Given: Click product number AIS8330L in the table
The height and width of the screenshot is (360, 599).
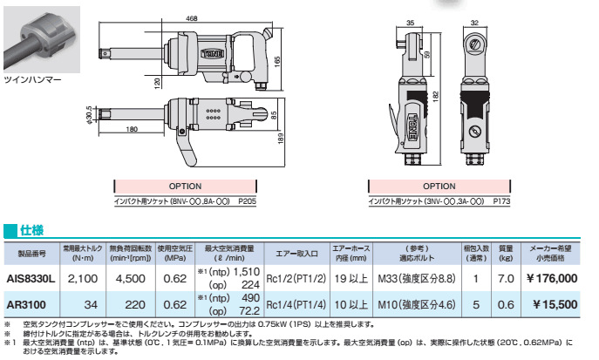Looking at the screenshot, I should tap(31, 279).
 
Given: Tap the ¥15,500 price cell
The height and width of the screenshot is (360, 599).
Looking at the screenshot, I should tap(551, 305).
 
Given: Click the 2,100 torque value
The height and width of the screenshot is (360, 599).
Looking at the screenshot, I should tap(83, 279).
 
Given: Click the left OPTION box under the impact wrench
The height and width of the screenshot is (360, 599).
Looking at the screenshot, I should tap(184, 186).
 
